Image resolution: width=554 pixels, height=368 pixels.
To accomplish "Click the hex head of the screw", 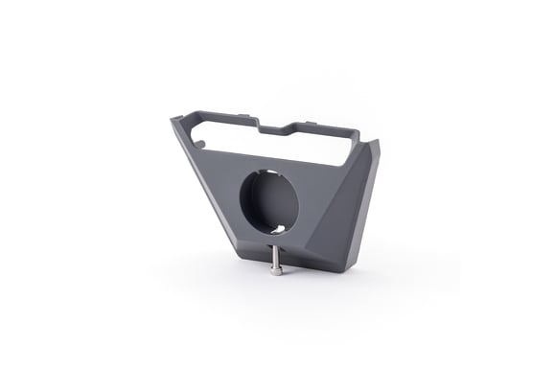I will point(276,271).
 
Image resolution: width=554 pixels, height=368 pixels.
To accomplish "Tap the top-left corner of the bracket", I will point(174,120).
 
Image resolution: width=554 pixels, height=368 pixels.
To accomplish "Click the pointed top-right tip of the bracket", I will point(376,143).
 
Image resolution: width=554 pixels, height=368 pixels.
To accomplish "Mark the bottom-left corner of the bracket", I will point(233,261).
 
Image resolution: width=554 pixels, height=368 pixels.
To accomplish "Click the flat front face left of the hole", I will point(216,192).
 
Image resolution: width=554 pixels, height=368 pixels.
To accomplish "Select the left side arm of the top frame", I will point(190,134).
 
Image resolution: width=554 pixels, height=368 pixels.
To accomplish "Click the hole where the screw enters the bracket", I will point(276,246).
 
